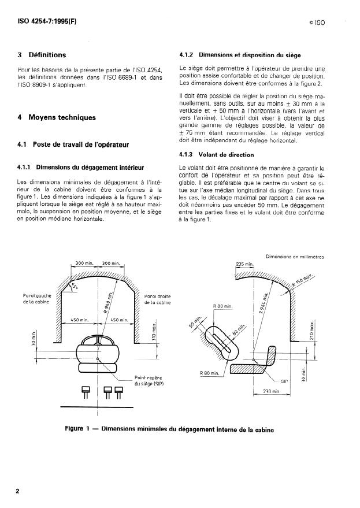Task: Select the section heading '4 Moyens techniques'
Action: (x=57, y=117)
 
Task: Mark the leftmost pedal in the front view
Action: (x=86, y=392)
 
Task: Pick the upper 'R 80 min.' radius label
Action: (x=222, y=305)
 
